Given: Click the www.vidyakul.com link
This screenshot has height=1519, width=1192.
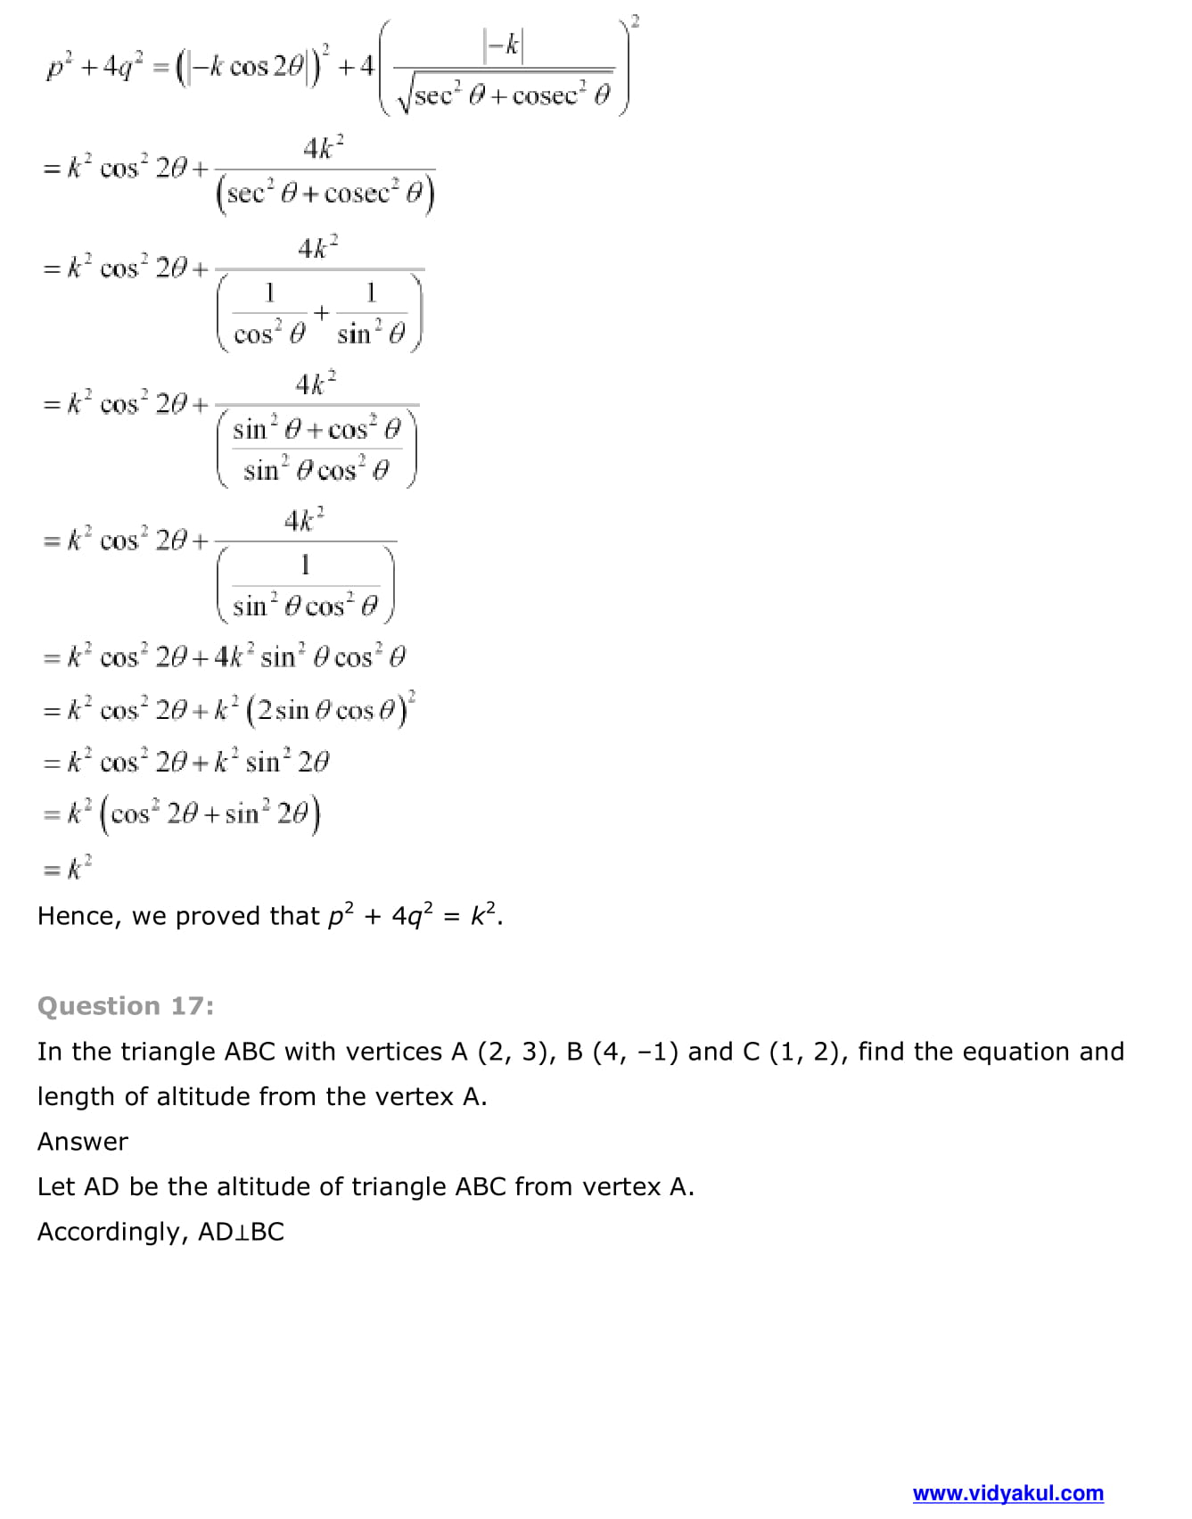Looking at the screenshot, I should [1007, 1493].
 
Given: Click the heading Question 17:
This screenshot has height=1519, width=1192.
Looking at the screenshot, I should [126, 1006].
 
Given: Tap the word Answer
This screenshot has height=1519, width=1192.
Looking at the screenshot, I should [82, 1142].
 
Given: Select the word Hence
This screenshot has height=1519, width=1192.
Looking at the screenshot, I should [77, 917].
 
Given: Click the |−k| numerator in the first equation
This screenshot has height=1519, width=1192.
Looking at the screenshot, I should [504, 45].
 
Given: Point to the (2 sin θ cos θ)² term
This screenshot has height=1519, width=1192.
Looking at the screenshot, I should [331, 710].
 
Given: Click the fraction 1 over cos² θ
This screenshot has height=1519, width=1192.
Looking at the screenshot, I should [269, 313].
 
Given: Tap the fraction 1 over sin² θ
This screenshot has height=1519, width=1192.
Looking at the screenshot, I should [371, 313].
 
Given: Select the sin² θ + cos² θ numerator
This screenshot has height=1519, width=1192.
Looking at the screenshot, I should [316, 429].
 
